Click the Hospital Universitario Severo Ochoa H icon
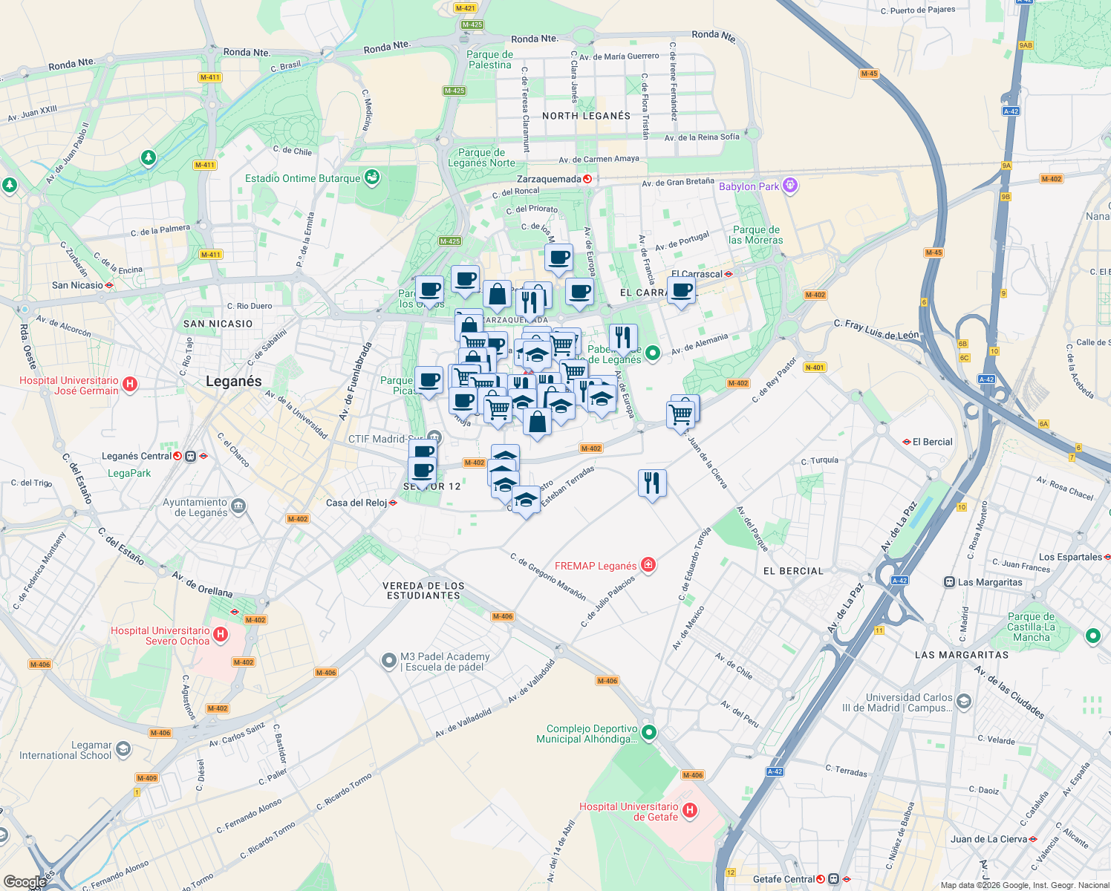221,635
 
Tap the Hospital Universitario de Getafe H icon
690,811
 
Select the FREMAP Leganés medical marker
648,566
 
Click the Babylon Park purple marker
790,186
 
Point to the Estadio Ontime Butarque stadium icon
373,177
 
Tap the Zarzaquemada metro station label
550,179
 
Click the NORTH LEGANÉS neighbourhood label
586,116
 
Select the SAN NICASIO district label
218,324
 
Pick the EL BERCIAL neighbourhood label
793,571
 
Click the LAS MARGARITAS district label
962,655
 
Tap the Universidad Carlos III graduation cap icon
964,701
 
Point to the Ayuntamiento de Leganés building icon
238,507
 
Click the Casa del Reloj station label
356,503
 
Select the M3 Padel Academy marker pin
388,661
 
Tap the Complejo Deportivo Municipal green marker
649,733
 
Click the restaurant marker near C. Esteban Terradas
651,483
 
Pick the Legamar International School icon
123,749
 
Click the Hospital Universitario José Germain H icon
130,384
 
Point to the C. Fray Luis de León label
876,329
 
